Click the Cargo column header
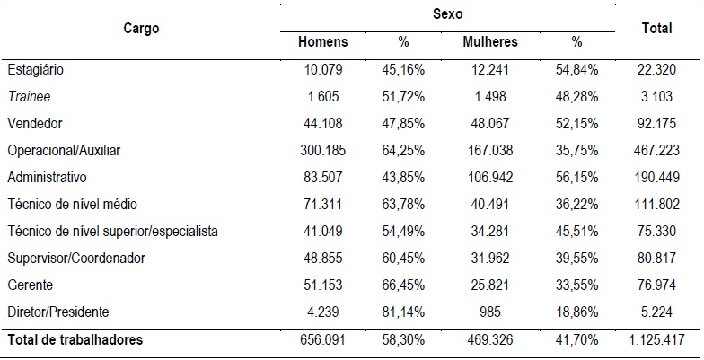click(141, 29)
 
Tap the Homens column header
click(323, 42)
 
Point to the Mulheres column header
click(490, 42)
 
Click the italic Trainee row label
click(27, 96)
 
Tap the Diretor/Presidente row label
click(57, 312)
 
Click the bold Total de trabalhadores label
click(75, 340)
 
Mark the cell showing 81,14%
click(403, 312)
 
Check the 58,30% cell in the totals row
click(403, 340)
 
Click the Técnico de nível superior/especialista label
click(112, 232)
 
